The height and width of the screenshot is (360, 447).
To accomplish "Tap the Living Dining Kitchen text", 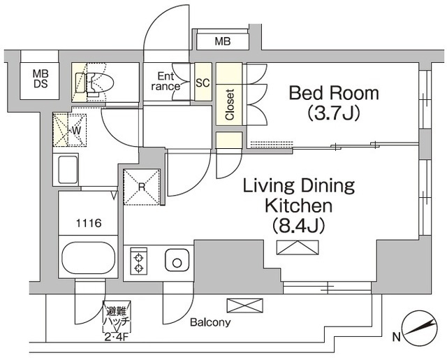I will (x=299, y=196).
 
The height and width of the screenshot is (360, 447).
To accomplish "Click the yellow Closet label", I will (x=229, y=103).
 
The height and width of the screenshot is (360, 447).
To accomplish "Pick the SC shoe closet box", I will (x=203, y=82).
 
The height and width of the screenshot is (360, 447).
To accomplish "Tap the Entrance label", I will (x=166, y=81).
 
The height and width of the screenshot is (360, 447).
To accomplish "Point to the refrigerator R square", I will (x=142, y=187).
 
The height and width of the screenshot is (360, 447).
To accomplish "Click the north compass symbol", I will (x=420, y=326).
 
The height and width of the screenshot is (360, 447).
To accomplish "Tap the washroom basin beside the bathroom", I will (x=68, y=170).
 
